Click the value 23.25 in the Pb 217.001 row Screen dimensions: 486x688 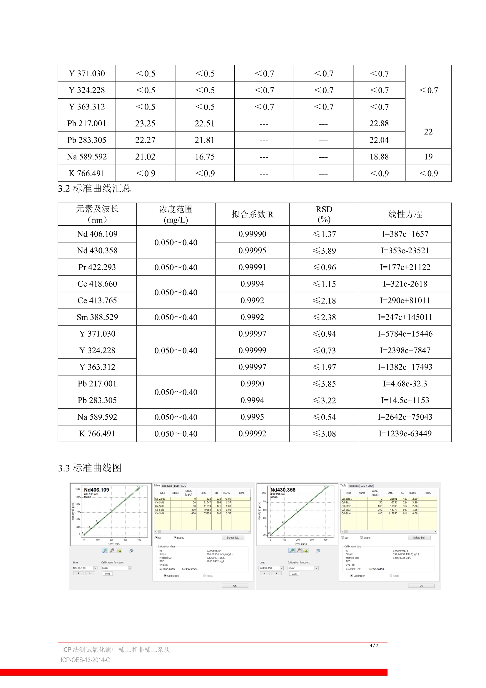145,124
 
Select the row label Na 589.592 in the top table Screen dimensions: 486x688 86,157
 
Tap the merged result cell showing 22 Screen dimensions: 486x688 428,132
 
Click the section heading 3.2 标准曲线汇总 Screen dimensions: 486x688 94,189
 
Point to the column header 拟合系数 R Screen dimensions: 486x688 252,214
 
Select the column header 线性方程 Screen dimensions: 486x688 405,214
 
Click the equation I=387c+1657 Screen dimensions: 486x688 405,234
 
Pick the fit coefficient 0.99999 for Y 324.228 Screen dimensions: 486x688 252,350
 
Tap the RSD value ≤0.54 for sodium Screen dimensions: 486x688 324,417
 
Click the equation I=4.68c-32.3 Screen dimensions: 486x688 405,384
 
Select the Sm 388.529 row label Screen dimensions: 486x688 97,317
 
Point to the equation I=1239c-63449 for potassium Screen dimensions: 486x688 405,433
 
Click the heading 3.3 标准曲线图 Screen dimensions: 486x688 90,468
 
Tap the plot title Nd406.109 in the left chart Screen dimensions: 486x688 96,490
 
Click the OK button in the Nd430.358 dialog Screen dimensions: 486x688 421,586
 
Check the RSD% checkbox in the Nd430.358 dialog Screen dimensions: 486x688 361,538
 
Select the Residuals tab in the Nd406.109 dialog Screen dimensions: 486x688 167,486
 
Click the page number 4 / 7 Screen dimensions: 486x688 374,645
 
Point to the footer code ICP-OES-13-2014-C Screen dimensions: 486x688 85,660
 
